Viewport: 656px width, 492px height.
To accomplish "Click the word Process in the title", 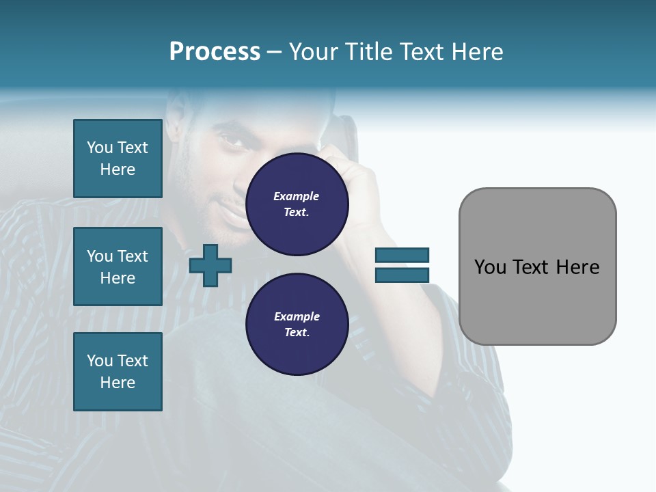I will click(215, 52).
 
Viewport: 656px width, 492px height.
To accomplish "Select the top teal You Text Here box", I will click(118, 159).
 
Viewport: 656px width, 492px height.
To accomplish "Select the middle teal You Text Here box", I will click(118, 266).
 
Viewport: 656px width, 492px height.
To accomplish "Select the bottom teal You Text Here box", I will click(118, 372).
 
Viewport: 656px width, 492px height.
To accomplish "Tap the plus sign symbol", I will click(210, 265).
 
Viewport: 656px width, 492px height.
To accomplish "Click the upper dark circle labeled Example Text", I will click(297, 204).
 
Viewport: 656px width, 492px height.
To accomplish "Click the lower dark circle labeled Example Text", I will click(297, 325).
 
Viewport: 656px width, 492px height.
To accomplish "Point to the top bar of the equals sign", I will click(402, 255).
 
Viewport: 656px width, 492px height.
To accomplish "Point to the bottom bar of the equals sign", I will click(402, 275).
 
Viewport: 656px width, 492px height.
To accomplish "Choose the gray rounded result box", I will click(537, 266).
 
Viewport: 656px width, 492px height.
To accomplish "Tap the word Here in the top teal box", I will click(118, 169).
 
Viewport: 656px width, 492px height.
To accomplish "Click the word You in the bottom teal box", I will click(100, 361).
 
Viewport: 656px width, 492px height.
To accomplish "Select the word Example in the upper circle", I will click(297, 196).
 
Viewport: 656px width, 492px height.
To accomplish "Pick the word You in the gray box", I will click(490, 267).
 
